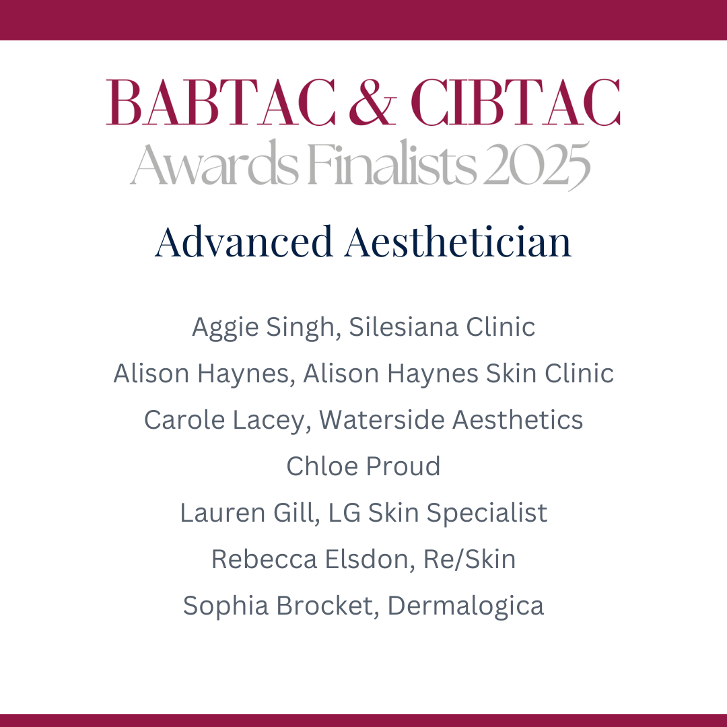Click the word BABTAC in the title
[221, 102]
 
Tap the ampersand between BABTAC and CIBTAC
[372, 102]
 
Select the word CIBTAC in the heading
[515, 102]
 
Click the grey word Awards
[214, 162]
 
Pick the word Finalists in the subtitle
[392, 162]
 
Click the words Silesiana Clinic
[442, 327]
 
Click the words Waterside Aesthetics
[450, 419]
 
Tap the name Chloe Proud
[363, 466]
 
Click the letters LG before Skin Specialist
[344, 512]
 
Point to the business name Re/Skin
[469, 559]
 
